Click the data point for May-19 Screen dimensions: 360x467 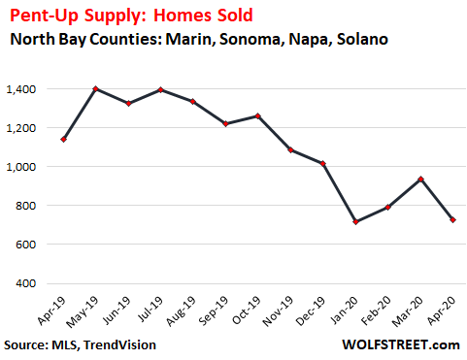pos(96,88)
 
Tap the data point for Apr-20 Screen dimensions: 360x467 pos(453,220)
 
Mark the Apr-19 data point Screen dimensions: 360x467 pos(63,139)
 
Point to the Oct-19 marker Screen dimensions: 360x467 pos(257,115)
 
